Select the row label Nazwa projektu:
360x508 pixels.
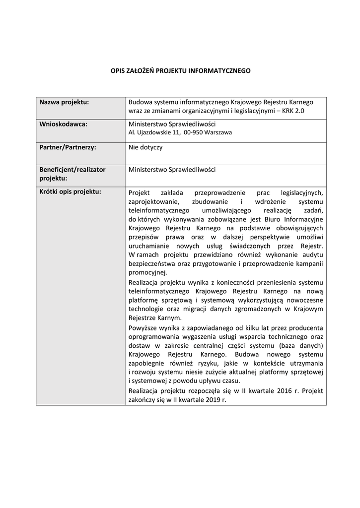64,102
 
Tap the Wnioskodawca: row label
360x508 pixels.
63,124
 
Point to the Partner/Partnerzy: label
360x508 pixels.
68,147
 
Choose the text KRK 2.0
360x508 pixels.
292,111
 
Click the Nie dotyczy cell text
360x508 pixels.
145,147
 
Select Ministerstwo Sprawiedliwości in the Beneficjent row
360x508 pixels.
172,170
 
